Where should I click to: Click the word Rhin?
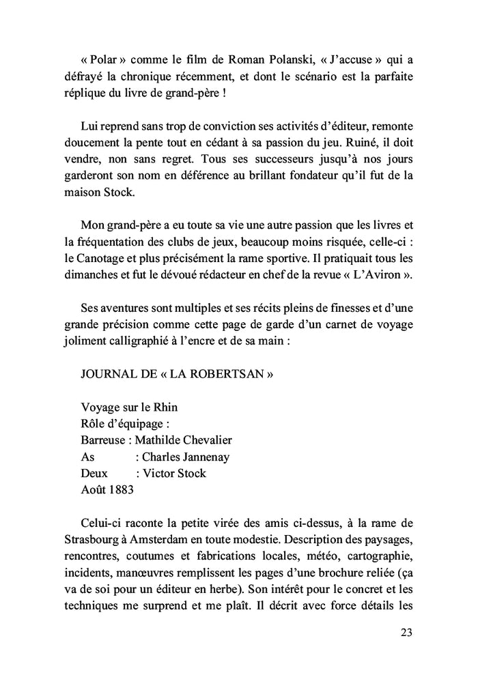pos(165,408)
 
